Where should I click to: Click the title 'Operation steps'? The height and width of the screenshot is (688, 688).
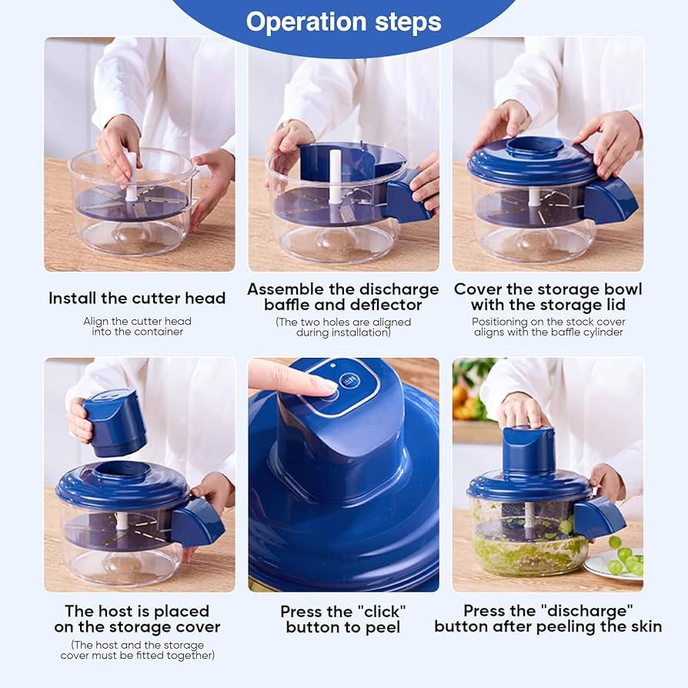click(x=343, y=22)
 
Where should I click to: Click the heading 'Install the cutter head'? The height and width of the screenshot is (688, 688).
click(x=137, y=298)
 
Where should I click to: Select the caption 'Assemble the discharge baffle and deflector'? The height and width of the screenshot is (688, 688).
click(x=343, y=297)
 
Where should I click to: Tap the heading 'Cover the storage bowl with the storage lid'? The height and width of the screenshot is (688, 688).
click(x=547, y=297)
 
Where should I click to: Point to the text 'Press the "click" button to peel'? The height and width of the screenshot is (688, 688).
click(x=343, y=620)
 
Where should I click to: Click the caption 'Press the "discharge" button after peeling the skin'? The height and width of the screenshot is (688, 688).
click(x=547, y=619)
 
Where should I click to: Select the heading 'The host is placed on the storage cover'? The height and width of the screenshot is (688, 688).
click(x=137, y=619)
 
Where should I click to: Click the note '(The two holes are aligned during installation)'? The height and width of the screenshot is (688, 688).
click(x=343, y=327)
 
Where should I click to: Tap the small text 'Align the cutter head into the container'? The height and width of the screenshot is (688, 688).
click(x=137, y=326)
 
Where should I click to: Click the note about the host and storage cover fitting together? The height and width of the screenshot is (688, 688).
click(x=137, y=650)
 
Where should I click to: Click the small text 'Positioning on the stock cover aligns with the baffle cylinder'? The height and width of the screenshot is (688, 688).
click(x=547, y=327)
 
